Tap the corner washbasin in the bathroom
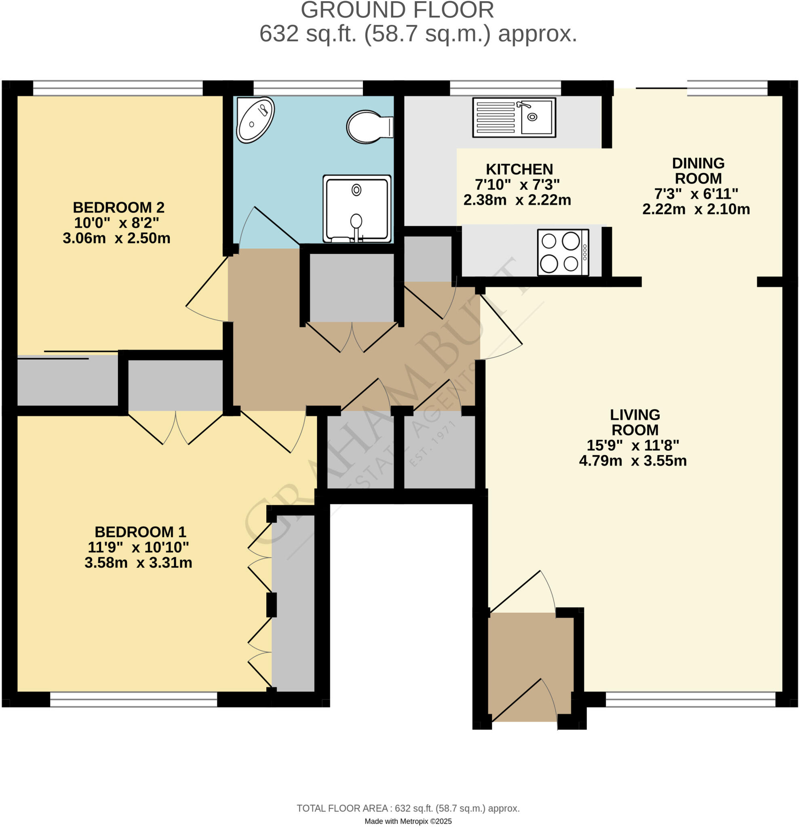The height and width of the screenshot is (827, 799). click(x=255, y=120)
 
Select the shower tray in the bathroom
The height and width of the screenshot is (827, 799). click(x=357, y=209)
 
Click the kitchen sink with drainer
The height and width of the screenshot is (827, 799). click(x=514, y=118)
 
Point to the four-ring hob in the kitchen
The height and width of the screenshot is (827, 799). click(x=563, y=252)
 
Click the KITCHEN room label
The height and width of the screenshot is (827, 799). click(x=519, y=169)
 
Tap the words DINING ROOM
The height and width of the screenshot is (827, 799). click(x=698, y=170)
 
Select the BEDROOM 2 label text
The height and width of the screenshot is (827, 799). click(x=119, y=207)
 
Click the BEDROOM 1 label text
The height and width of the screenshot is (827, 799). click(x=140, y=532)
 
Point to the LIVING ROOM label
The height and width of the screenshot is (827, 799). click(x=635, y=422)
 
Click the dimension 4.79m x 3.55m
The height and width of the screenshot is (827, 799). click(x=632, y=460)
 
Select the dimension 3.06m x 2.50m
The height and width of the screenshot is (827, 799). click(x=116, y=238)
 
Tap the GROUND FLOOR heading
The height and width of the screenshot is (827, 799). click(x=397, y=10)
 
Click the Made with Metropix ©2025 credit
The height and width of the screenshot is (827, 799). click(x=408, y=821)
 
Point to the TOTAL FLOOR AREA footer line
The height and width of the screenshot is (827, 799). click(x=408, y=808)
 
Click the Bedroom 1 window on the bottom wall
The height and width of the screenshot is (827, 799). click(x=133, y=699)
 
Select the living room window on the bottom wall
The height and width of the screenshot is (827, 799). click(x=690, y=699)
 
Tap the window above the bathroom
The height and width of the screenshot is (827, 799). click(x=308, y=88)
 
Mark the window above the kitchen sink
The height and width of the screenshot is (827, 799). click(x=505, y=88)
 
